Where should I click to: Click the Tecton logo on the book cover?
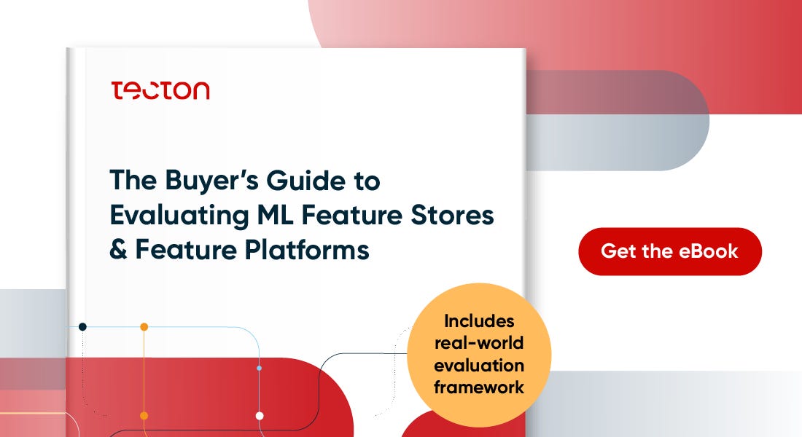[x=160, y=90]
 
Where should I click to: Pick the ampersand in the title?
[x=118, y=251]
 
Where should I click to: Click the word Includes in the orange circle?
[x=479, y=321]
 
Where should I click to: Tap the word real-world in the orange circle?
[x=479, y=343]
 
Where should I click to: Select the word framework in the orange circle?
[x=479, y=387]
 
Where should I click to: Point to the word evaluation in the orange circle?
[x=479, y=365]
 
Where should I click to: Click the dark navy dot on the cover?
[x=82, y=327]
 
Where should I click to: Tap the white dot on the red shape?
[x=260, y=416]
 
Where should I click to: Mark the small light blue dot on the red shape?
[x=260, y=369]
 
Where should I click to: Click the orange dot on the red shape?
[x=144, y=415]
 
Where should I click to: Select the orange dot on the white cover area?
[x=144, y=327]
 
